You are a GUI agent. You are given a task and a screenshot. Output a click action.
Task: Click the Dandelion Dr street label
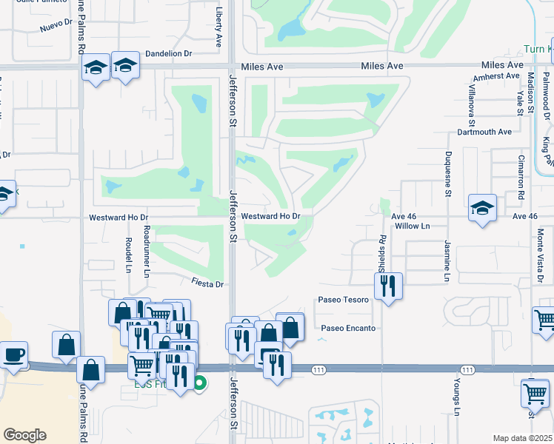[x=168, y=53]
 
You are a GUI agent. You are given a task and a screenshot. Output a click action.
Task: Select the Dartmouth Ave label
[x=484, y=132]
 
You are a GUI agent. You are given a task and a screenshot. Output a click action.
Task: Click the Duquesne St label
[x=448, y=173]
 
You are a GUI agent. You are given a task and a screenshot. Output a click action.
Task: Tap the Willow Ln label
[x=413, y=226]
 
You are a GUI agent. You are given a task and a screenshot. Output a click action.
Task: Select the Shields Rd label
[x=382, y=254]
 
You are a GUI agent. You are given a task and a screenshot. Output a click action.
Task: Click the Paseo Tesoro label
[x=343, y=300]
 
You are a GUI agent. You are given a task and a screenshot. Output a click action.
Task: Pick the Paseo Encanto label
[x=348, y=328]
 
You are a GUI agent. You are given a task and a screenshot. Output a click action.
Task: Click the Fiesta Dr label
[x=207, y=283]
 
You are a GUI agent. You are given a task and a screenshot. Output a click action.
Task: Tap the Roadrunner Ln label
[x=147, y=251]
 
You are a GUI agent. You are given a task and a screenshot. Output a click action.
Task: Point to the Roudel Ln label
[x=128, y=255]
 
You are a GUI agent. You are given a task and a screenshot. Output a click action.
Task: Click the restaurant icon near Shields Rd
[x=388, y=286]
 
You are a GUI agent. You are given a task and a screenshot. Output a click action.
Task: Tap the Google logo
[x=24, y=435]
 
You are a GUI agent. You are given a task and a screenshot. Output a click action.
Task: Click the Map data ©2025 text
[x=522, y=438]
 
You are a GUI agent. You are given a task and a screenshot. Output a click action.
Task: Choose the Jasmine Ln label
[x=447, y=260]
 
